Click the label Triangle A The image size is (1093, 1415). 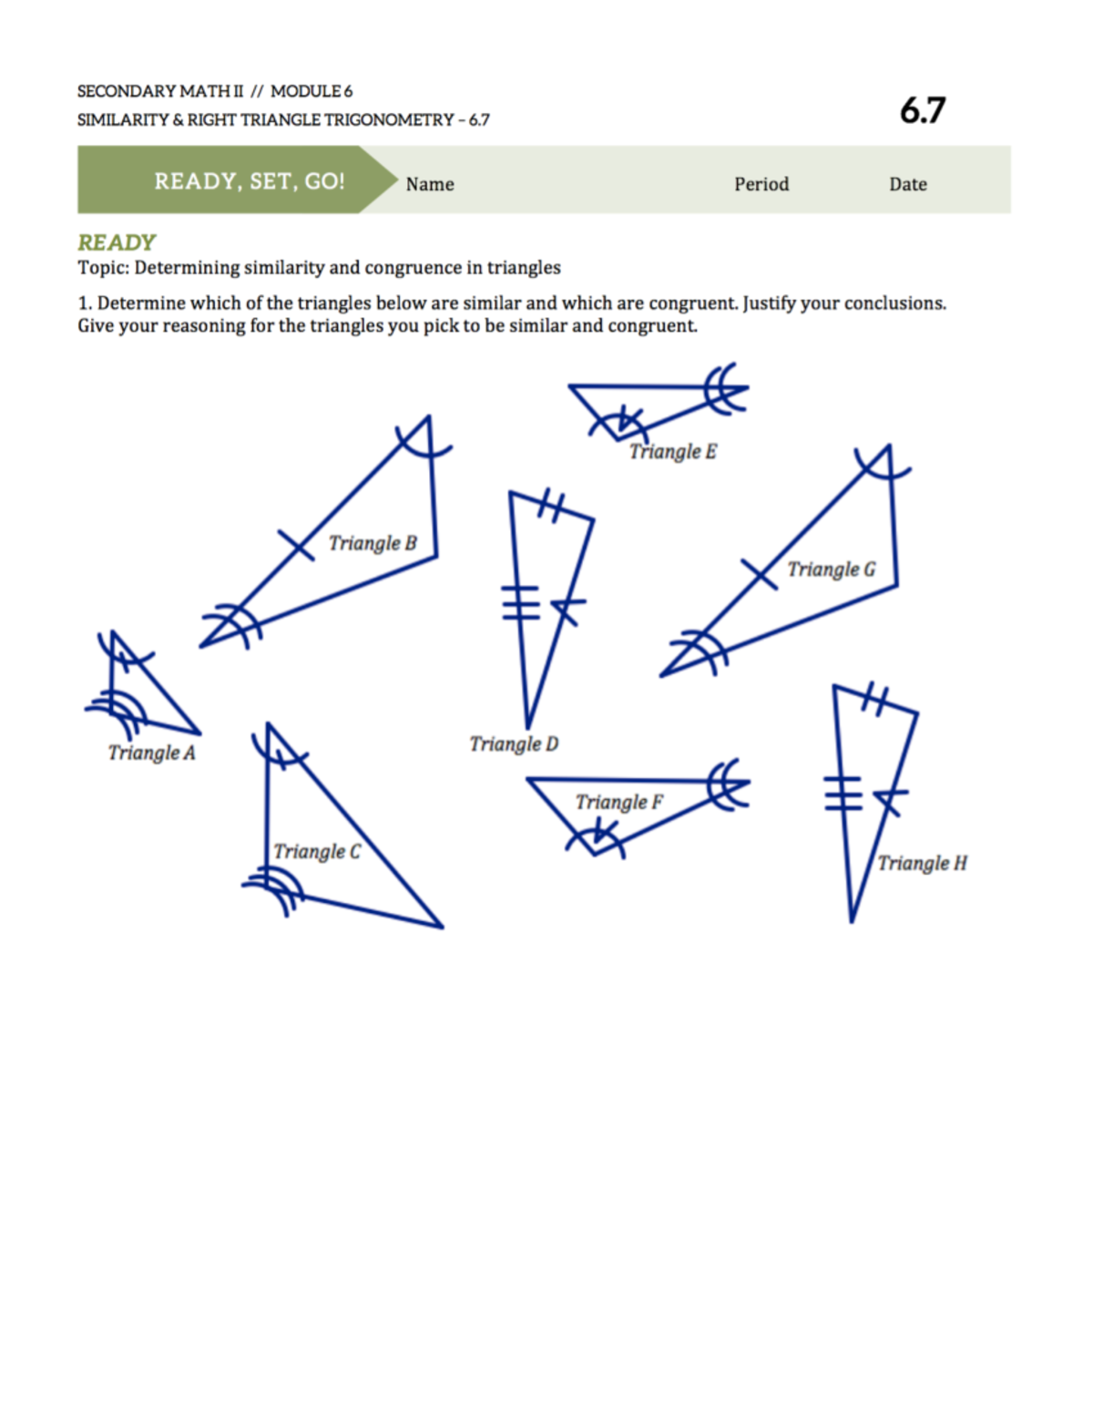tap(151, 753)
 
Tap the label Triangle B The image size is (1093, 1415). tap(372, 543)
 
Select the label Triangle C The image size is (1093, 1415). tap(316, 851)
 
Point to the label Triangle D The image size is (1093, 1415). tap(514, 744)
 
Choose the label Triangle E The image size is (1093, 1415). tap(672, 451)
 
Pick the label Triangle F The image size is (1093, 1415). tap(618, 802)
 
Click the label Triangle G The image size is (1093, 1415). tap(831, 569)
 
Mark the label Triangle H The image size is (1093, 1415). tap(922, 863)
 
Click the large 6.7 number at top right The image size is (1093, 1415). tap(922, 110)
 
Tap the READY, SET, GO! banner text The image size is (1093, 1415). tap(249, 181)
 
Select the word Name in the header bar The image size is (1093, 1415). tap(430, 184)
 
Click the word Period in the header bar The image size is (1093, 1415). tap(761, 184)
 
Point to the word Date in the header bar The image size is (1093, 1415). tap(907, 184)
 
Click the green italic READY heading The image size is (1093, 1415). tap(117, 242)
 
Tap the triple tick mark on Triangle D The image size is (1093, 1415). tap(521, 602)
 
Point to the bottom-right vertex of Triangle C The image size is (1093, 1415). tap(442, 927)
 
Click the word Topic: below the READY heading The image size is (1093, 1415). tap(103, 268)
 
